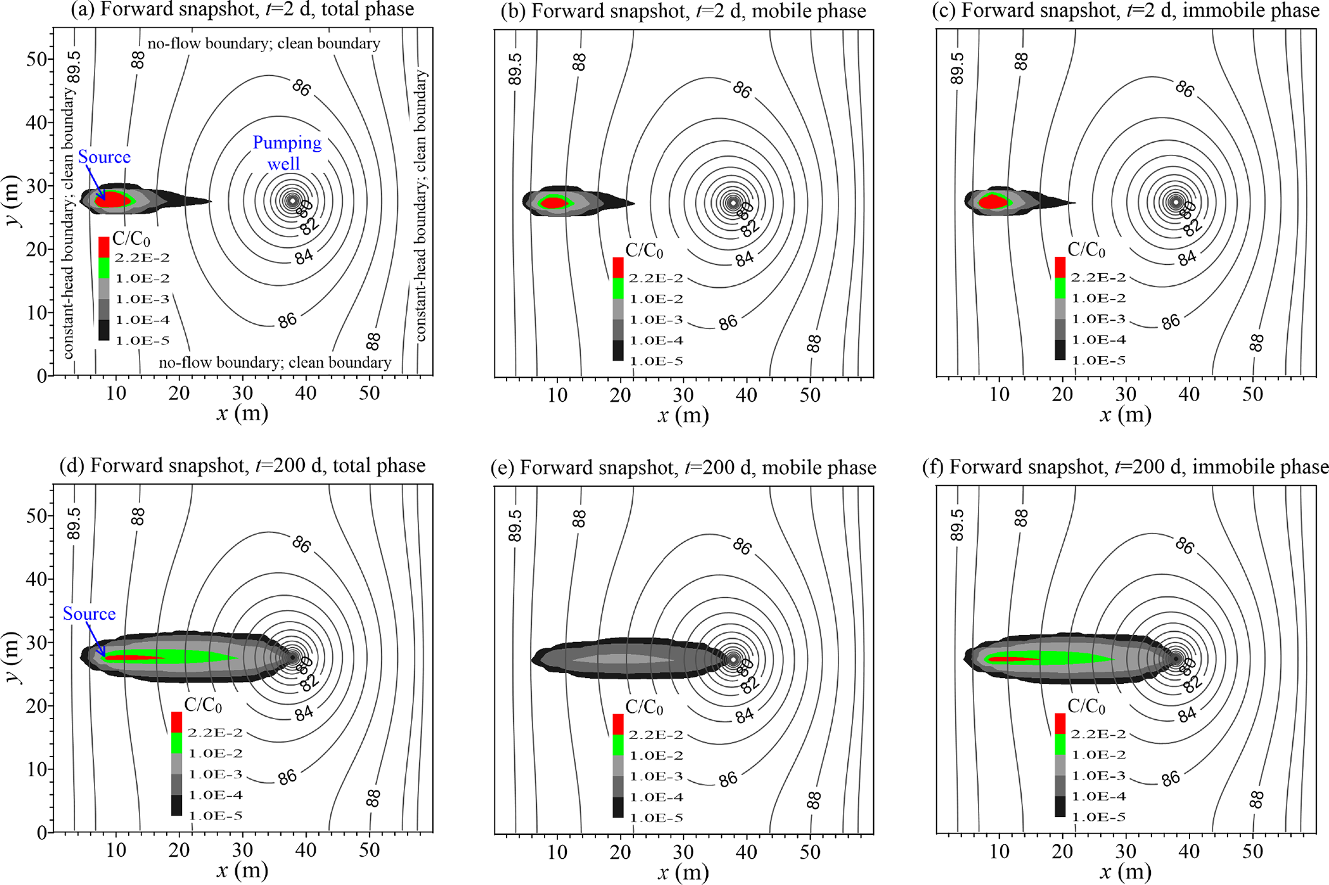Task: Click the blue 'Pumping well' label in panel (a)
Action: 287,153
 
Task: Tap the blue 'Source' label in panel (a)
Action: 104,157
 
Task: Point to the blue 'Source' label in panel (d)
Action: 89,614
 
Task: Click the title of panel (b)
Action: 683,11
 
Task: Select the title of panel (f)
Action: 1125,467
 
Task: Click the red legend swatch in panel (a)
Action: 104,247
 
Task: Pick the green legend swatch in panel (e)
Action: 618,745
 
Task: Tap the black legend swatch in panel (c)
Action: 1060,350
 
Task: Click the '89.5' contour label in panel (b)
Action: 515,69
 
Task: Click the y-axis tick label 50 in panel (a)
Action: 37,59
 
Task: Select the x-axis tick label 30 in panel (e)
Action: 683,852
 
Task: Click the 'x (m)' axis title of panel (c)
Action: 1125,415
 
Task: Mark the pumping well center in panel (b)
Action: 733,202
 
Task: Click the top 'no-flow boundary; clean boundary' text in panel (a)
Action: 264,44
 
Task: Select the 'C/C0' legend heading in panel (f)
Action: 1086,706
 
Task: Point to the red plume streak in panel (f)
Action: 1013,659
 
